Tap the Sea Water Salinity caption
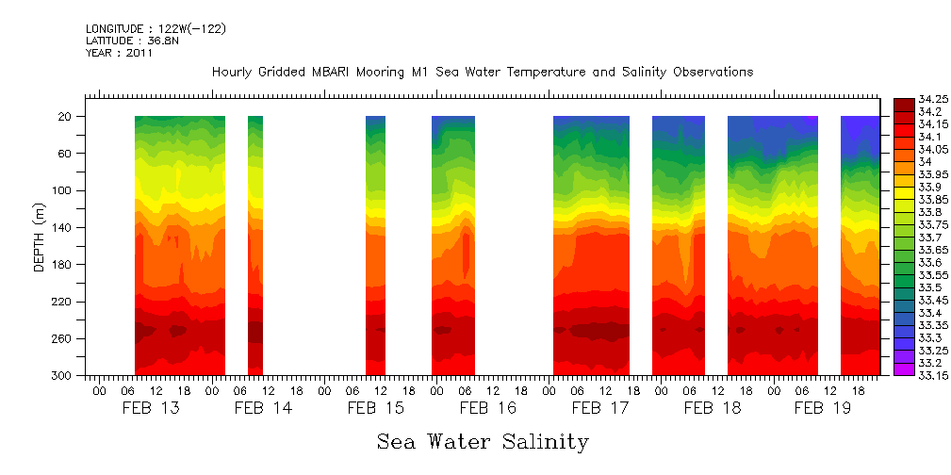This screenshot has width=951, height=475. (x=483, y=442)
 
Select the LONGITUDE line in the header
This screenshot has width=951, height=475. (x=156, y=29)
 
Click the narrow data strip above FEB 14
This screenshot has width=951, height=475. (x=254, y=245)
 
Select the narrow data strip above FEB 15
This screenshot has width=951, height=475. (x=375, y=245)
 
